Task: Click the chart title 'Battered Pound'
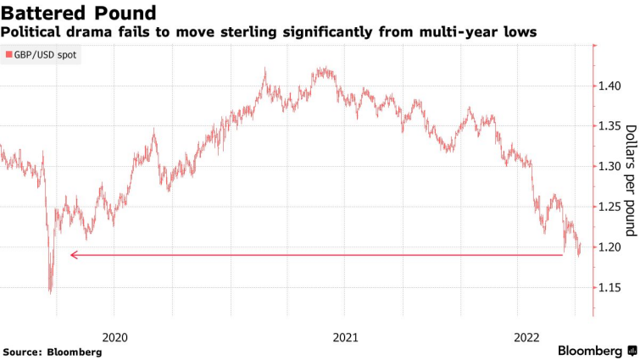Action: coord(80,13)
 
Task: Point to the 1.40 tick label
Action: coord(610,86)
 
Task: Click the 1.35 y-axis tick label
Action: coord(610,126)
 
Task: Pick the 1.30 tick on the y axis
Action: coord(610,167)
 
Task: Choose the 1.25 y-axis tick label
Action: coord(610,207)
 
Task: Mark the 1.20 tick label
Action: coord(610,247)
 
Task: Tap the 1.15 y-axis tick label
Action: coord(610,287)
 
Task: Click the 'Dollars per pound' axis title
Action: coord(630,180)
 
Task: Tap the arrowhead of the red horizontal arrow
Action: coord(73,254)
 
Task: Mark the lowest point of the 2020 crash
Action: coord(50,292)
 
